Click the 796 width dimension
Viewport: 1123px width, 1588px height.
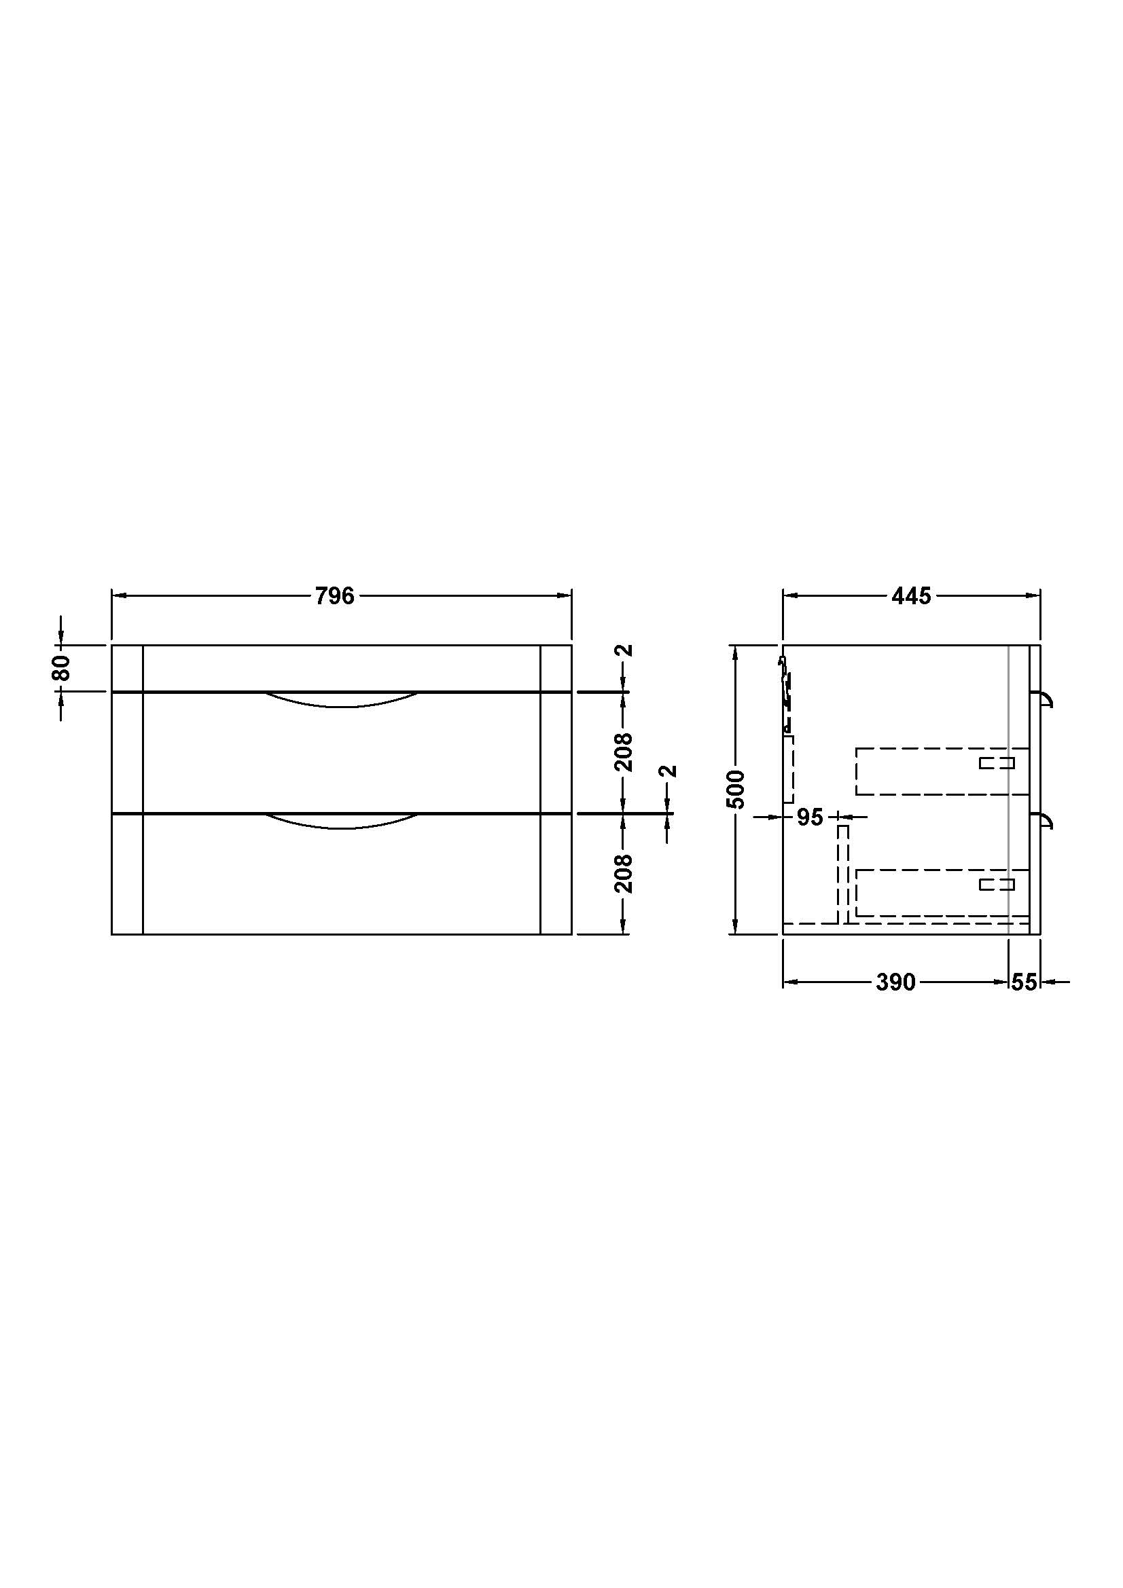[x=335, y=595]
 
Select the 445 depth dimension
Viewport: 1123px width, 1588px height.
[x=911, y=595]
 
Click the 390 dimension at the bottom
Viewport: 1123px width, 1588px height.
[x=895, y=982]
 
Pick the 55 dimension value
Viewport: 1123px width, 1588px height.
[x=1024, y=982]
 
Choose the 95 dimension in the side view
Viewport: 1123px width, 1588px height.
[x=810, y=817]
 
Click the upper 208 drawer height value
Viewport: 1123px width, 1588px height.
[x=624, y=752]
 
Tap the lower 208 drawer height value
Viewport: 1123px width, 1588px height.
[x=624, y=874]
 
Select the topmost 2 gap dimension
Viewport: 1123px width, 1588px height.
[x=625, y=650]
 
